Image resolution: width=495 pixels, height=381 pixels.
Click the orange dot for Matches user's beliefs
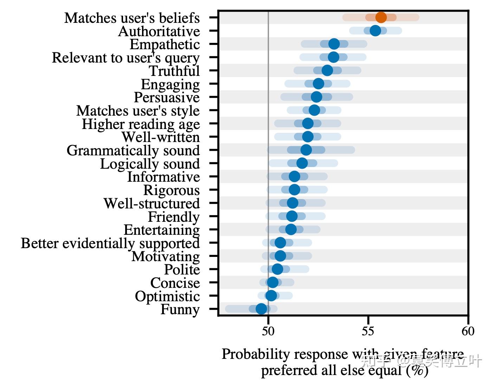point(381,17)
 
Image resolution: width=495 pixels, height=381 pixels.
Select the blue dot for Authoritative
point(375,31)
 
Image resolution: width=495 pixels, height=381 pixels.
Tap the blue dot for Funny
point(261,309)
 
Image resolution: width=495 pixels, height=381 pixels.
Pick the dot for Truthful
point(327,70)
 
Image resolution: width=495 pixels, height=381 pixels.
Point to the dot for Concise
point(272,282)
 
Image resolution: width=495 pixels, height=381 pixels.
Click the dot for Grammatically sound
point(306,150)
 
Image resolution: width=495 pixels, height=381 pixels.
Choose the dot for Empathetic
point(334,44)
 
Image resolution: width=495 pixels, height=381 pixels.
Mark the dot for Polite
point(277,269)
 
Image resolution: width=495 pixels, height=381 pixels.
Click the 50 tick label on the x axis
point(268,331)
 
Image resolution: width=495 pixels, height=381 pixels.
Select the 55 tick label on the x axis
point(368,331)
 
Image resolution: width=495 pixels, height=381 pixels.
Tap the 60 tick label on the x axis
point(468,331)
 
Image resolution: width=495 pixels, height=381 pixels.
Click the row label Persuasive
point(167,97)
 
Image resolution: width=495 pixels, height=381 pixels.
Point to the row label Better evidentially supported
point(110,243)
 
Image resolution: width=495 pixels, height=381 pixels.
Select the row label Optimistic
point(167,296)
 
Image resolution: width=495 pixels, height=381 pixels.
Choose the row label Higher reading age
point(141,124)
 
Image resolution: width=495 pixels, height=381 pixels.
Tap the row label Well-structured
point(151,204)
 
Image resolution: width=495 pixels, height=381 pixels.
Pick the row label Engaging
point(170,84)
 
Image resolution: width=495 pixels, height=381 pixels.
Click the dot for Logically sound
point(302,163)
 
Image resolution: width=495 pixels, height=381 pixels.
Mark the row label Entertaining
point(161,230)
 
